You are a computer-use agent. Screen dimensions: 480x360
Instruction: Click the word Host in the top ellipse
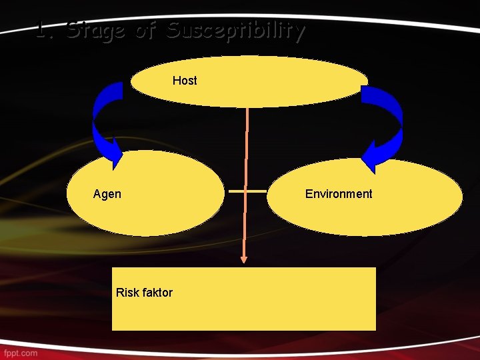[x=185, y=81]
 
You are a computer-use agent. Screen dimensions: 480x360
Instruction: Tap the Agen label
[x=107, y=194]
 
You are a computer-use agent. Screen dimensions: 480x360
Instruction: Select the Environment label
[x=339, y=194]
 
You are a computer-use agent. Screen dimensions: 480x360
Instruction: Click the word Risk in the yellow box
[x=127, y=292]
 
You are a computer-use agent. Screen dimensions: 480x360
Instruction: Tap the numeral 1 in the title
[x=43, y=31]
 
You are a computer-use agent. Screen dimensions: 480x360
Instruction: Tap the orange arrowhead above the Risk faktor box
[x=244, y=258]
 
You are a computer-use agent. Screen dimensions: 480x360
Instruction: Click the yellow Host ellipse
[x=267, y=81]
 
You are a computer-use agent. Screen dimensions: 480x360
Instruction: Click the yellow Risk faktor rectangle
[x=267, y=300]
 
